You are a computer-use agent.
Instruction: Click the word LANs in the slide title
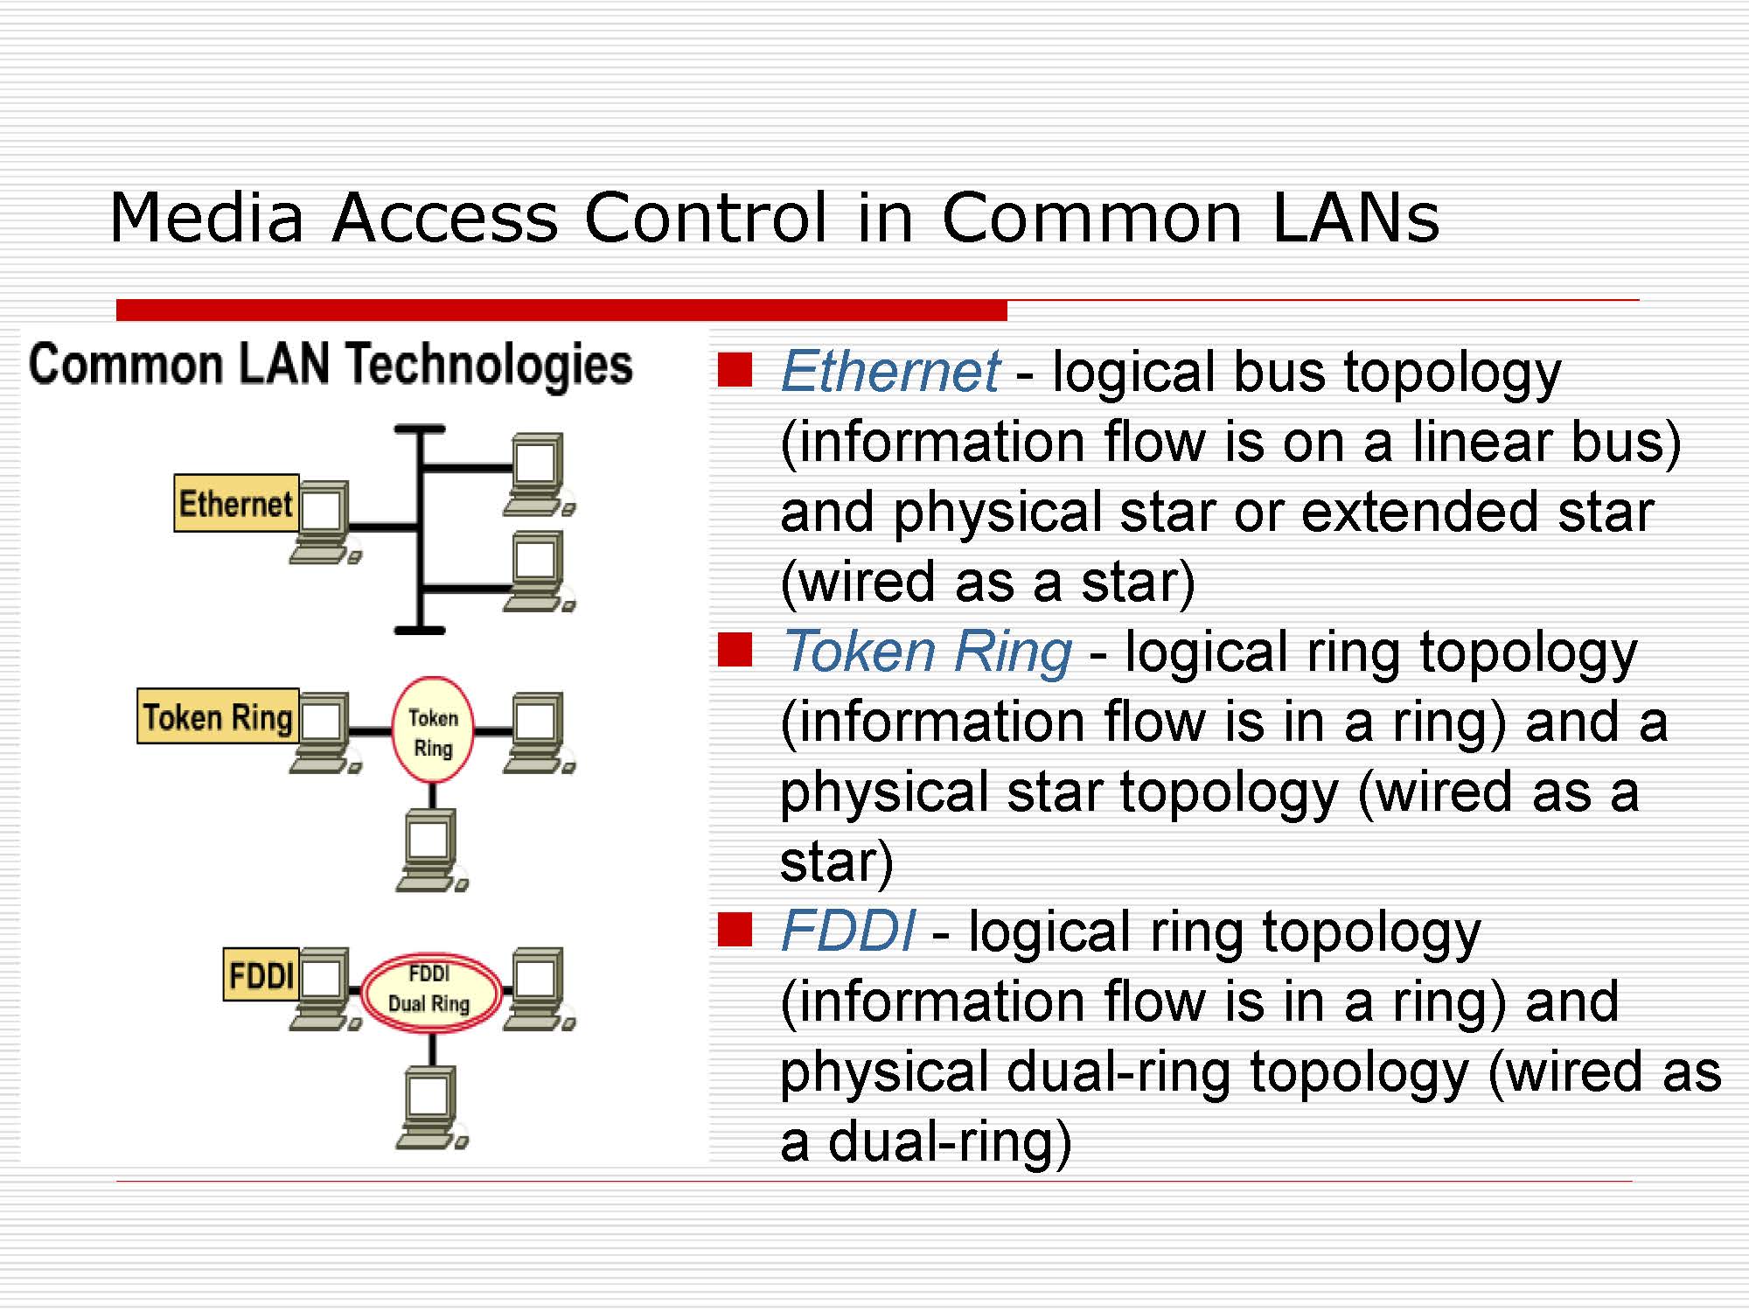[1355, 218]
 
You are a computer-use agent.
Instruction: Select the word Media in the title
[206, 218]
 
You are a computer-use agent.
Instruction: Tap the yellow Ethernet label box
[236, 504]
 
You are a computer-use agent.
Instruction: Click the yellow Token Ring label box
[218, 716]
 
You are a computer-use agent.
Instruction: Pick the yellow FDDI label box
[261, 974]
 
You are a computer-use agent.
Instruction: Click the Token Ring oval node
[433, 731]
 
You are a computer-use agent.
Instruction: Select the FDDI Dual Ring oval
[430, 992]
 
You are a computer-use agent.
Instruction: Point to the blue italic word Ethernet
[889, 371]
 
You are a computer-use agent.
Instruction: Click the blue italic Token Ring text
[927, 652]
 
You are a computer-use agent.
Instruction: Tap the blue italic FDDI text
[847, 931]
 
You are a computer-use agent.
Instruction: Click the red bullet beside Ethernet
[735, 369]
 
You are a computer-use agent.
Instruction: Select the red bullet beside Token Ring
[735, 650]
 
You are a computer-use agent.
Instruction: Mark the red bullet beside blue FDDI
[735, 930]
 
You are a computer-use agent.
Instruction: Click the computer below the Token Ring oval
[430, 848]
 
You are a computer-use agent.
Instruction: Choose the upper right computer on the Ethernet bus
[537, 472]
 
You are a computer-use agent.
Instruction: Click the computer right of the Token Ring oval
[537, 731]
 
